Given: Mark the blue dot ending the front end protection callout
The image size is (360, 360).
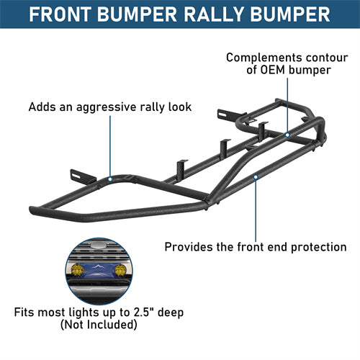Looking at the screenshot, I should point(256,175).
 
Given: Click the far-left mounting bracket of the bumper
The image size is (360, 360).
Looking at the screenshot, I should point(78,176).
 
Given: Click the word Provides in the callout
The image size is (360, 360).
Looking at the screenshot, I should point(189,247).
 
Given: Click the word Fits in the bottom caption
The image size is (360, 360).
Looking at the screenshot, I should point(25,314).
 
